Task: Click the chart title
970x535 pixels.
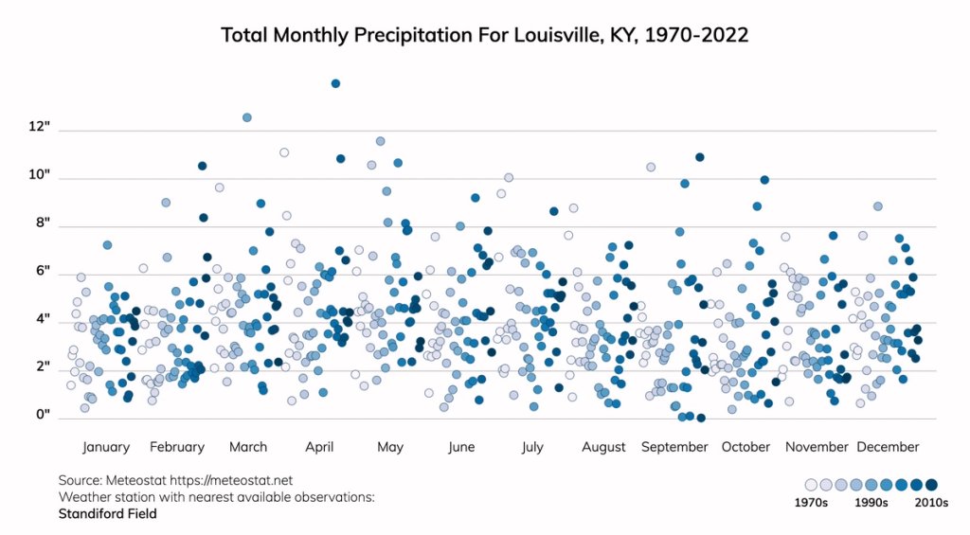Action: (x=485, y=35)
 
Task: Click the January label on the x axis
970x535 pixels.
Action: (x=106, y=447)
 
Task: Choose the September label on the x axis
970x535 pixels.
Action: (x=674, y=447)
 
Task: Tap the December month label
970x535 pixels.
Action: (x=888, y=447)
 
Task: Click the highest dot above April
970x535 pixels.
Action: (x=335, y=83)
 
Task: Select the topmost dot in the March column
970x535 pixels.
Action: (x=247, y=117)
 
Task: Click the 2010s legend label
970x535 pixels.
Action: (x=930, y=503)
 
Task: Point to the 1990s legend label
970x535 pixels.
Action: (x=871, y=503)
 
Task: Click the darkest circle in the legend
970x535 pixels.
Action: (x=931, y=485)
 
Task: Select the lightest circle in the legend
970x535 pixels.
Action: (x=811, y=485)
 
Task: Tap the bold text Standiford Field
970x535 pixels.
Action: (x=107, y=514)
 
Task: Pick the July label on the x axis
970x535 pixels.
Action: (x=532, y=447)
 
